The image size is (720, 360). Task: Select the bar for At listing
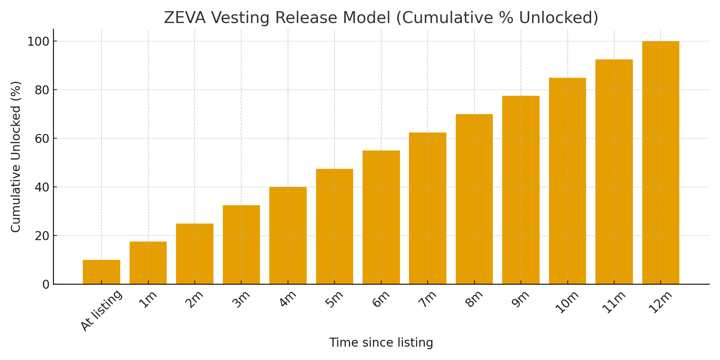tap(102, 272)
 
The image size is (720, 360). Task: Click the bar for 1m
tap(148, 263)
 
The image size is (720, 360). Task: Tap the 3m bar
tap(241, 245)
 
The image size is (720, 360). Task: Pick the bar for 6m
tap(381, 217)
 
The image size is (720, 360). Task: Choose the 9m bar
tap(521, 190)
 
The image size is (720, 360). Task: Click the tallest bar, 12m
tap(661, 163)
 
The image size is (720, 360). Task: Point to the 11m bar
tap(614, 172)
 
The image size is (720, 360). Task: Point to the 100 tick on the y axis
tap(38, 42)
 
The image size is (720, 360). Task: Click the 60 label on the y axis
tap(42, 139)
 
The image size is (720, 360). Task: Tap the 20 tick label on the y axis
tap(42, 236)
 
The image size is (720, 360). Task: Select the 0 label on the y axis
tap(46, 285)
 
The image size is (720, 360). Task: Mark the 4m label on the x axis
tap(289, 299)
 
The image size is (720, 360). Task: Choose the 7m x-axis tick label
tap(428, 299)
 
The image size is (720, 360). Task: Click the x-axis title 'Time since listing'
tap(381, 343)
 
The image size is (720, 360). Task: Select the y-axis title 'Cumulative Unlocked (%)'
tap(16, 157)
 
